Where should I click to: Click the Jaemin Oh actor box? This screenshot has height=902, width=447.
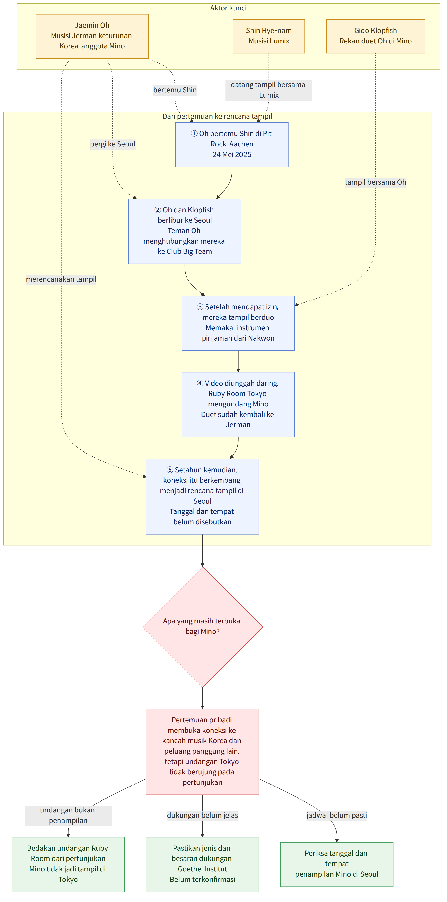[x=92, y=36]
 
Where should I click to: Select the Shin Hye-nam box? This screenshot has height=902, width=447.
[x=269, y=36]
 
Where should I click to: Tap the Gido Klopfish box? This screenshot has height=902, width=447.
[x=376, y=36]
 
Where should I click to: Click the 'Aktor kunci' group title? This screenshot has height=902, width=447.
[x=228, y=8]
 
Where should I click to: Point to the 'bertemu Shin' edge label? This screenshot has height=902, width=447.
[x=175, y=90]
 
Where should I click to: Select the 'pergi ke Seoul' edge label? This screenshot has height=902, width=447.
[x=113, y=144]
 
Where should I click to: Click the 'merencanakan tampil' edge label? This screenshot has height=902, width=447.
[x=61, y=279]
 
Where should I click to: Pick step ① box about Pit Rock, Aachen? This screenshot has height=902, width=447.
[x=232, y=145]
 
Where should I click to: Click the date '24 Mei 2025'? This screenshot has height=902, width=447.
[x=232, y=154]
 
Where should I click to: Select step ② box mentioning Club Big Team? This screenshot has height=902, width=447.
[x=185, y=231]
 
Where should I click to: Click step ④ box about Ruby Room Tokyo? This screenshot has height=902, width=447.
[x=238, y=405]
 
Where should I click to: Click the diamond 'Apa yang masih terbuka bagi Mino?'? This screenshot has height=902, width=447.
[x=202, y=627]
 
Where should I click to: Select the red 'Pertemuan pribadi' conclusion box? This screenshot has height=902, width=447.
[x=202, y=751]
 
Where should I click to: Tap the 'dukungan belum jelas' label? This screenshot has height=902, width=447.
[x=202, y=815]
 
